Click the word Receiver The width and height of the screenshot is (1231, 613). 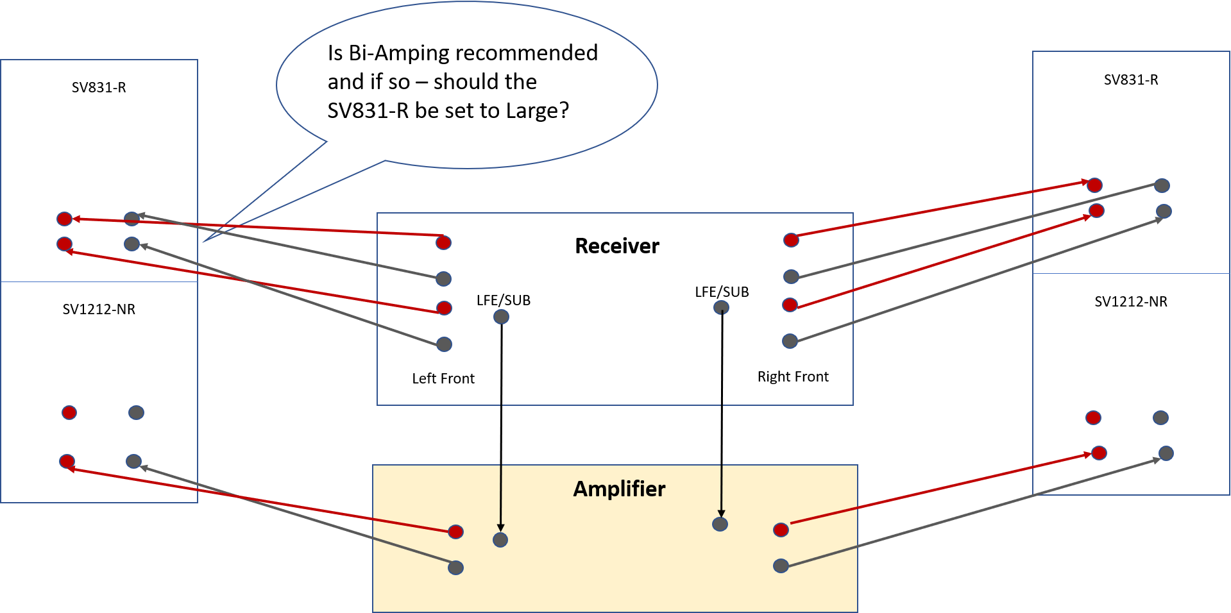point(616,246)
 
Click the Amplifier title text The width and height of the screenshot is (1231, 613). point(619,489)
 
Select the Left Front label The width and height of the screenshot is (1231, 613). point(443,379)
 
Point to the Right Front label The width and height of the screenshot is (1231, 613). point(793,377)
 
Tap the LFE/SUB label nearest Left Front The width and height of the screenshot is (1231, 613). point(504,301)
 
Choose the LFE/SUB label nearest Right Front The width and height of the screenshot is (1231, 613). point(722,292)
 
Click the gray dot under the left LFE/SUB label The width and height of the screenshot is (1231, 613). point(501,317)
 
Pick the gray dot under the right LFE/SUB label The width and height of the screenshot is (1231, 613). point(721,308)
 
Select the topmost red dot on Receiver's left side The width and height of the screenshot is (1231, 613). point(443,242)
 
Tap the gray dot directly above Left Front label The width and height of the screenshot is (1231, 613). point(444,344)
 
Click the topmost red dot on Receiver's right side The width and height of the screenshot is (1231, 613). point(791,240)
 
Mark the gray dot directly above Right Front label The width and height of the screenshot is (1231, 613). point(790,341)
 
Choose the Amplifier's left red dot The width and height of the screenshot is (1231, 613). point(455,532)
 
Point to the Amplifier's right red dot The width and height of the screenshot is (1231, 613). point(781,530)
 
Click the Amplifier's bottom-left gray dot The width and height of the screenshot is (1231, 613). point(455,567)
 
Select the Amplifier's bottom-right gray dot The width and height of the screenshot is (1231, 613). point(781,566)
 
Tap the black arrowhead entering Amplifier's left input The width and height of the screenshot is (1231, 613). point(500,528)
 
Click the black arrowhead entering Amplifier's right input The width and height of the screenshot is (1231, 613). point(721,513)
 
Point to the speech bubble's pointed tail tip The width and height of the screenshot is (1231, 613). point(203,242)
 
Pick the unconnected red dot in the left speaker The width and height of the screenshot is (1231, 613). point(69,412)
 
